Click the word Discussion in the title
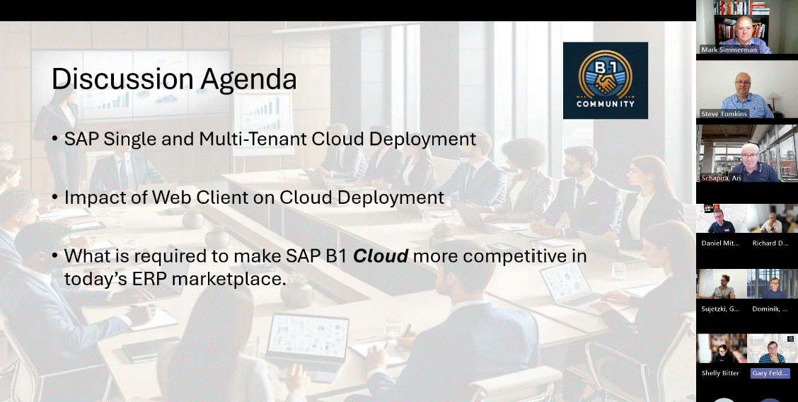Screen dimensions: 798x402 point(122,79)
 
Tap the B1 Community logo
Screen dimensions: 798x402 point(605,81)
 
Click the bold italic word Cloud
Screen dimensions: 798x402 point(381,256)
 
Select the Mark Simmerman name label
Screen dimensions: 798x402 point(729,50)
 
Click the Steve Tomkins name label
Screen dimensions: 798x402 point(724,114)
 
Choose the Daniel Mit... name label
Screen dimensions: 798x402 point(720,243)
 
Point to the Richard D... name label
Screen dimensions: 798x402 point(770,243)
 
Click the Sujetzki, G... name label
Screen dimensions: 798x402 point(720,309)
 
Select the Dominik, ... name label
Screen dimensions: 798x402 point(770,309)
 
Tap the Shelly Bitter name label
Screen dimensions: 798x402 point(720,373)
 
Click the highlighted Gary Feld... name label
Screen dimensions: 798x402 point(770,373)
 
